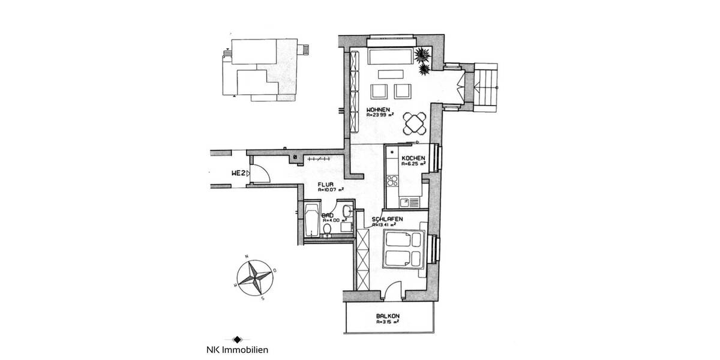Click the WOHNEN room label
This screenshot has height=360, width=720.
tap(379, 110)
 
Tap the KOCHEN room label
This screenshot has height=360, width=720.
tap(413, 158)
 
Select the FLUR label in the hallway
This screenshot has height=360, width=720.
tap(326, 185)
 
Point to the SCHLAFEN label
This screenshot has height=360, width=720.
tap(386, 219)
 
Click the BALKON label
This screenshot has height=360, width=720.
tap(388, 316)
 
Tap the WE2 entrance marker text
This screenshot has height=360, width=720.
tap(238, 173)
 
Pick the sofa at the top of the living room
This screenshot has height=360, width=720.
tap(391, 57)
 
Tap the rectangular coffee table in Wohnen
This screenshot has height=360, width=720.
tap(391, 75)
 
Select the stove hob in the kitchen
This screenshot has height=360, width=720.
tap(393, 180)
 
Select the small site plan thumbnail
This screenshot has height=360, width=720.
tap(263, 67)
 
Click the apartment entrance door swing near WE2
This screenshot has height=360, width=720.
tap(260, 173)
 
